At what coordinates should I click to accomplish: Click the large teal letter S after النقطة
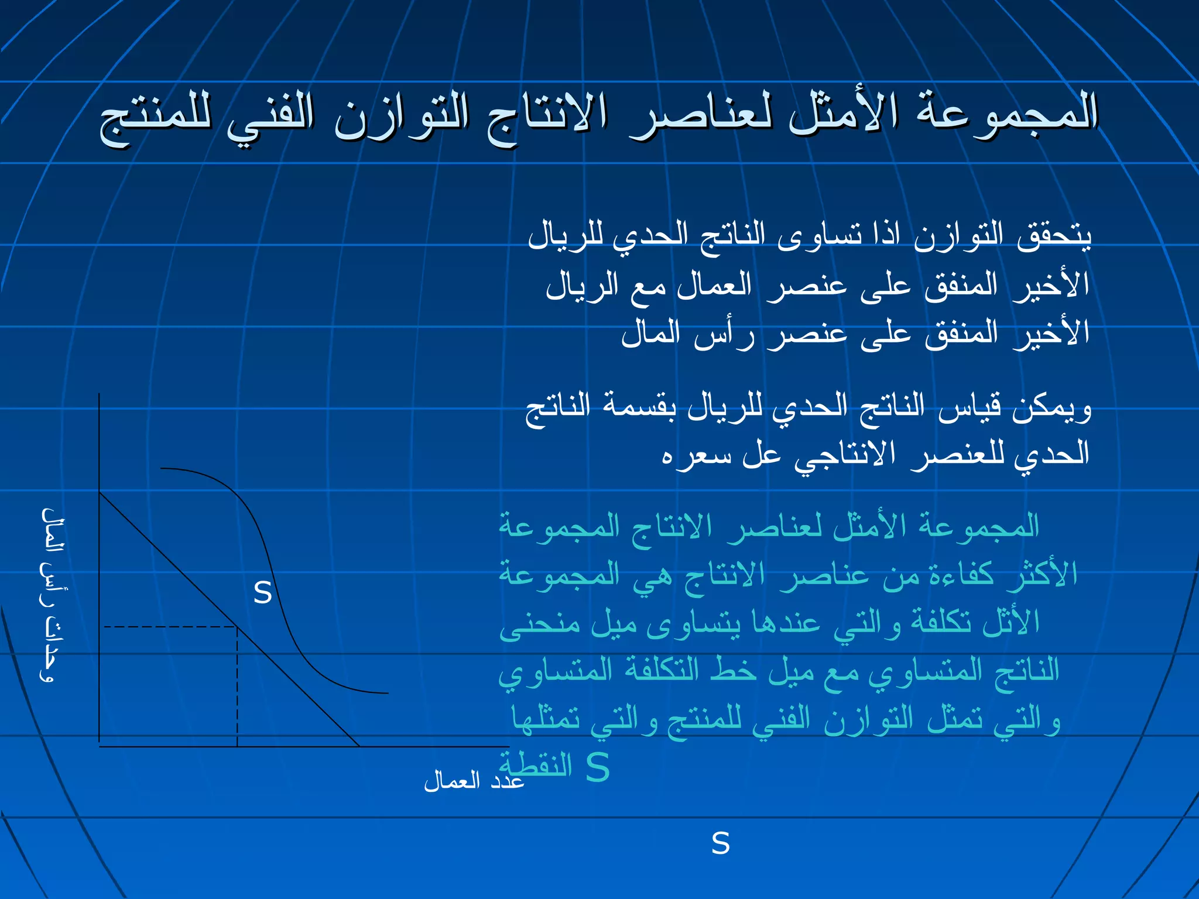[598, 767]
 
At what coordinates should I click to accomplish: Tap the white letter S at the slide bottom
[721, 843]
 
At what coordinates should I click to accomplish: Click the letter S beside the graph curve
[263, 593]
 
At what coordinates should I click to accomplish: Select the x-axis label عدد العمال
[474, 781]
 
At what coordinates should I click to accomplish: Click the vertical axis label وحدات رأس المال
[53, 594]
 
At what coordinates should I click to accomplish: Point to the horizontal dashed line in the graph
[170, 627]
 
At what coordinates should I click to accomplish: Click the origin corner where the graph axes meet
[100, 746]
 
